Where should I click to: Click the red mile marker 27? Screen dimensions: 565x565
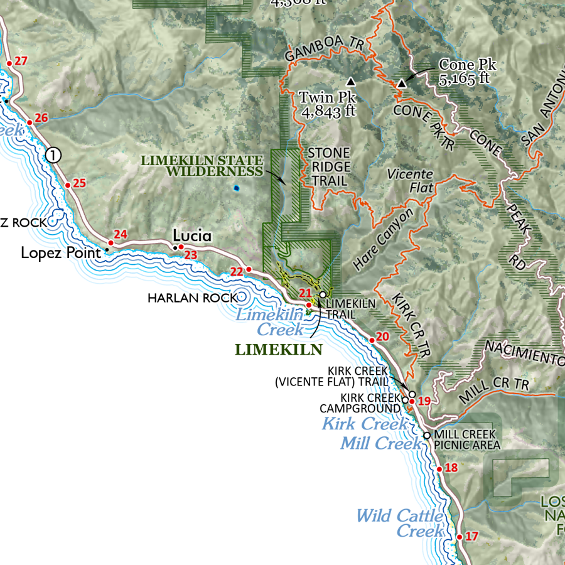(9, 63)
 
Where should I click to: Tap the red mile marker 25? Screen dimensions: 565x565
(67, 185)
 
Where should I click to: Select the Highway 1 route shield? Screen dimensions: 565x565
(54, 154)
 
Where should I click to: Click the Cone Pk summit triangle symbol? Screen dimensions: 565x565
(402, 83)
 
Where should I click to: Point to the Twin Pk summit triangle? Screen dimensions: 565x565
(350, 82)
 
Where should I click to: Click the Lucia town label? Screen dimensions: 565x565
(192, 236)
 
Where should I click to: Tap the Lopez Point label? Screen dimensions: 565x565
(61, 254)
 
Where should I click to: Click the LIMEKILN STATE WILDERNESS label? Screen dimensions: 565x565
(201, 166)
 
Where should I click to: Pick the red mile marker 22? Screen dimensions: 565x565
(249, 269)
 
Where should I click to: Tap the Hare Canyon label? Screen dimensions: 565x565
(384, 240)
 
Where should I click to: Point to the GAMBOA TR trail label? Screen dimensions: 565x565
(324, 48)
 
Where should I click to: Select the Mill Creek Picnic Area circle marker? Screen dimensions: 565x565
(427, 435)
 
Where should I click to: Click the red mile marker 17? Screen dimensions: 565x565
(459, 537)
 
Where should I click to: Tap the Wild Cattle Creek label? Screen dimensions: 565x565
(400, 524)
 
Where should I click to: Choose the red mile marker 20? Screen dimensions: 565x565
(372, 340)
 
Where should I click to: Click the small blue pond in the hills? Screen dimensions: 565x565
(236, 188)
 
